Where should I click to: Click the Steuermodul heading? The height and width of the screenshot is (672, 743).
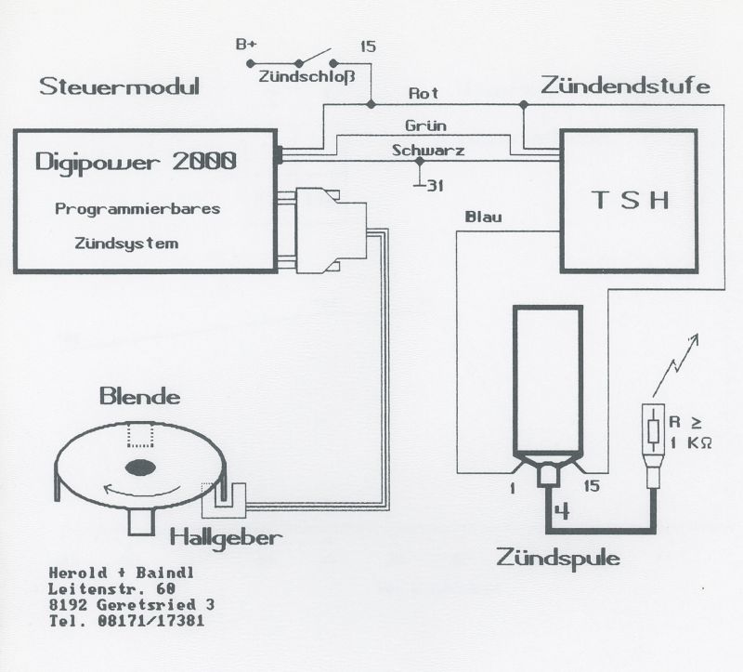pos(119,86)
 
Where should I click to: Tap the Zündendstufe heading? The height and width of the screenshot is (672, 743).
pos(625,86)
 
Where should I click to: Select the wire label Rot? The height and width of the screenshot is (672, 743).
pos(424,94)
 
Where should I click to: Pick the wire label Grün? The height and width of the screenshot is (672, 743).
pos(425,125)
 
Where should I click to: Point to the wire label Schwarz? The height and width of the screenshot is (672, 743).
pos(428,151)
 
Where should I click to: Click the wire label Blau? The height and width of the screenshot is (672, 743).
pos(483,217)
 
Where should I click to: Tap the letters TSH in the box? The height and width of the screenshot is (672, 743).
pos(631,200)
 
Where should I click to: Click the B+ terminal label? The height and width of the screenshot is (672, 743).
pos(246,45)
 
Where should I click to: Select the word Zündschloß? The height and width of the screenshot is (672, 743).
pos(306,77)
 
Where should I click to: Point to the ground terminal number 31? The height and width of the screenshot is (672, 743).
pos(436,186)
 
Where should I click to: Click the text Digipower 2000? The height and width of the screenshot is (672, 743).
pos(136,162)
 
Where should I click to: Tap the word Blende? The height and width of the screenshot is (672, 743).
pos(140,397)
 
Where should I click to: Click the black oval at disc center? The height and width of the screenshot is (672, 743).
pos(140,468)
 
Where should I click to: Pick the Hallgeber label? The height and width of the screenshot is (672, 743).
pos(226,538)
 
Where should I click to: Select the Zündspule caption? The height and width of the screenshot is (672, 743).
pos(558,558)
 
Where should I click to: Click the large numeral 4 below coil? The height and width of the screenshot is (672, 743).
pos(562,512)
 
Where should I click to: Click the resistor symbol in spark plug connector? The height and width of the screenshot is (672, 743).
pos(654,435)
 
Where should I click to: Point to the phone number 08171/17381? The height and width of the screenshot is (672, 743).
pos(151,620)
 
